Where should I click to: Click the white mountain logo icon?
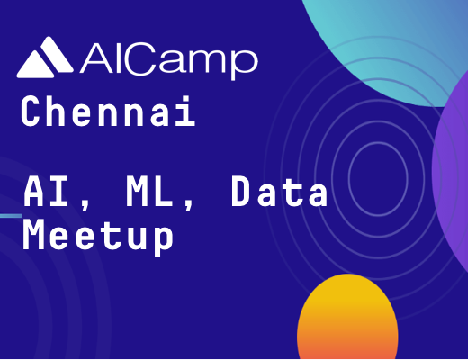[x=45, y=58]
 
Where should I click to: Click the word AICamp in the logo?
[x=169, y=61]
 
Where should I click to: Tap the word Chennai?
[x=108, y=111]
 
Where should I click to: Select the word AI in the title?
[x=46, y=192]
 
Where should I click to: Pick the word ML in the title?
[x=149, y=192]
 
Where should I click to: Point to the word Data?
[x=280, y=192]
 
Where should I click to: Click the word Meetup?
[x=98, y=237]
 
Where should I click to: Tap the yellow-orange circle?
[x=347, y=317]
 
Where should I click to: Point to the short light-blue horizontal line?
[x=11, y=216]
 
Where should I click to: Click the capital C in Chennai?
[x=31, y=111]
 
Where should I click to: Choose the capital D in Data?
[x=242, y=192]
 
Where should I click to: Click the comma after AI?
[x=85, y=204]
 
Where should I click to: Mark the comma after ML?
[x=189, y=204]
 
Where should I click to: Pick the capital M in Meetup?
[x=33, y=235]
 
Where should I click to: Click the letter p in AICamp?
[x=244, y=64]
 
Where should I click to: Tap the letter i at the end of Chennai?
[x=186, y=111]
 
